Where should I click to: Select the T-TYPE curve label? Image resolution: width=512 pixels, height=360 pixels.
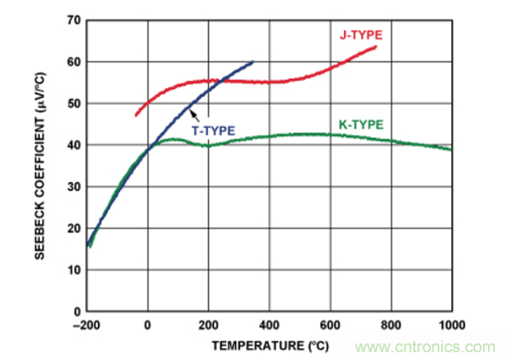click(212, 131)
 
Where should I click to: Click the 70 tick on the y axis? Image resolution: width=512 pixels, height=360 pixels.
click(75, 20)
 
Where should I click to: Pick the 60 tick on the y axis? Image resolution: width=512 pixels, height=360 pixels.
click(75, 62)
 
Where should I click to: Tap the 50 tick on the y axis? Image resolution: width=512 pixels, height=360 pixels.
click(75, 103)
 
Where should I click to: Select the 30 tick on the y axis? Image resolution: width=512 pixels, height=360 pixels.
click(75, 187)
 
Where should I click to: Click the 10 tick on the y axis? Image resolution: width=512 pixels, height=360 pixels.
click(75, 270)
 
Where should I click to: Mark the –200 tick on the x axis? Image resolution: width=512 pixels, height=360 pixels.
click(86, 325)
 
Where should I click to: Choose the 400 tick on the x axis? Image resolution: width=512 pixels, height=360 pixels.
click(270, 325)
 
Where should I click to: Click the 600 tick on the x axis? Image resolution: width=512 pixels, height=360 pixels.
click(330, 325)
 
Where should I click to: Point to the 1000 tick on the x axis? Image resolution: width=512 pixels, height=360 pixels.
click(451, 325)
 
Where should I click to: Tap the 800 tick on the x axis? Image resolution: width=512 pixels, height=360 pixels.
click(391, 325)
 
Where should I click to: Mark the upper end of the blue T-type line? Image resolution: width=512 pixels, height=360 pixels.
click(253, 61)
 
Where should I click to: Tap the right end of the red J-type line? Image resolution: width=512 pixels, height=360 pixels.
click(376, 47)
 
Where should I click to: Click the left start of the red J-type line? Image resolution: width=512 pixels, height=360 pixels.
click(136, 115)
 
